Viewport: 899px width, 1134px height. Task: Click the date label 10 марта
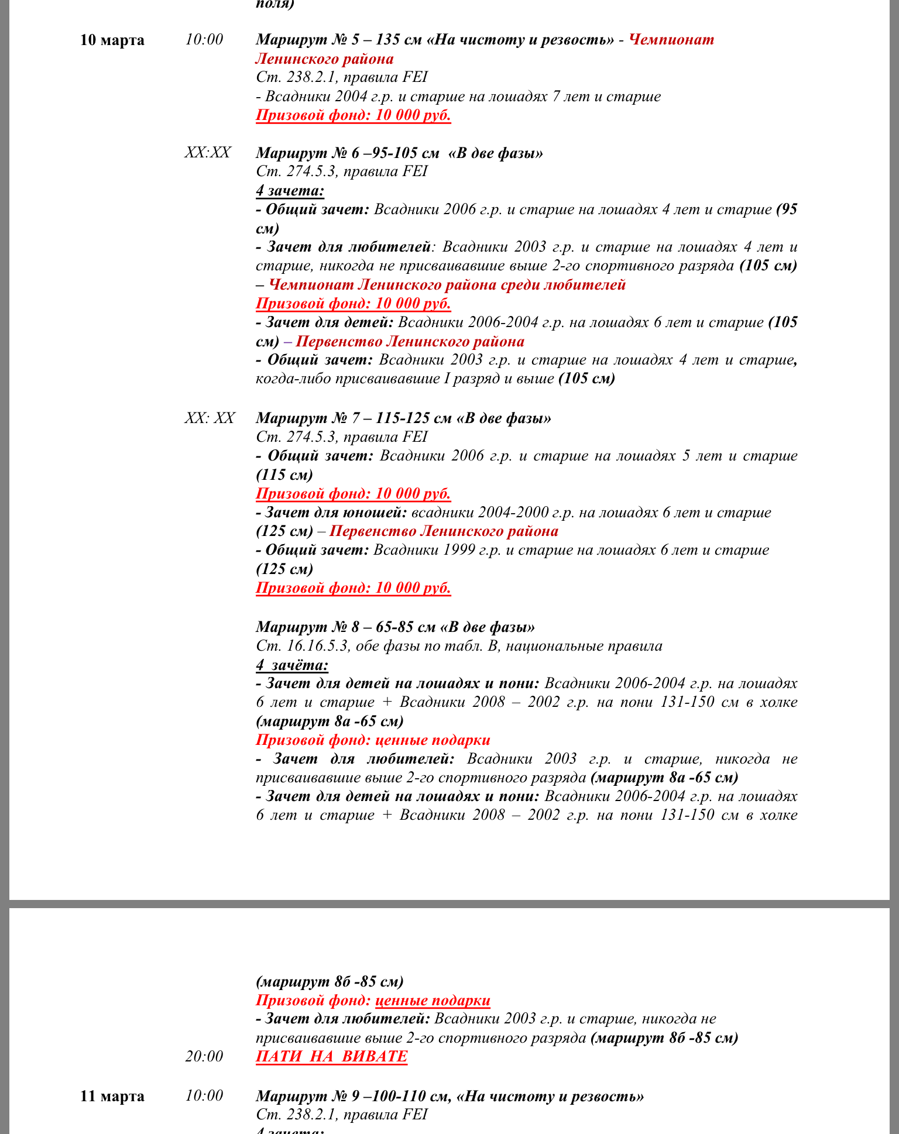pos(112,40)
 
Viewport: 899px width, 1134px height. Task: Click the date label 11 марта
pos(112,1096)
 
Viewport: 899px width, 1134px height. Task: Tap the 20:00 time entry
pos(204,1056)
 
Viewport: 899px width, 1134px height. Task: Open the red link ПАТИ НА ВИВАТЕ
pos(331,1056)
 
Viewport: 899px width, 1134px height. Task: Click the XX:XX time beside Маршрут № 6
pos(207,153)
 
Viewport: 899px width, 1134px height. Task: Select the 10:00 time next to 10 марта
pos(204,40)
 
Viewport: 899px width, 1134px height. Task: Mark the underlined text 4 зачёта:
pos(291,665)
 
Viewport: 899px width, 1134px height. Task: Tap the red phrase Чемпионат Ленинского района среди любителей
pos(447,285)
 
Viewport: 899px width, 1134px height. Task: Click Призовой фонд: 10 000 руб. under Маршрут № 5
pos(353,115)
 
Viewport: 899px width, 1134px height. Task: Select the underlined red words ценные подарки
pos(432,1001)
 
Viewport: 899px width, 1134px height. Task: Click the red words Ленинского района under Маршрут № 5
pos(324,59)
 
